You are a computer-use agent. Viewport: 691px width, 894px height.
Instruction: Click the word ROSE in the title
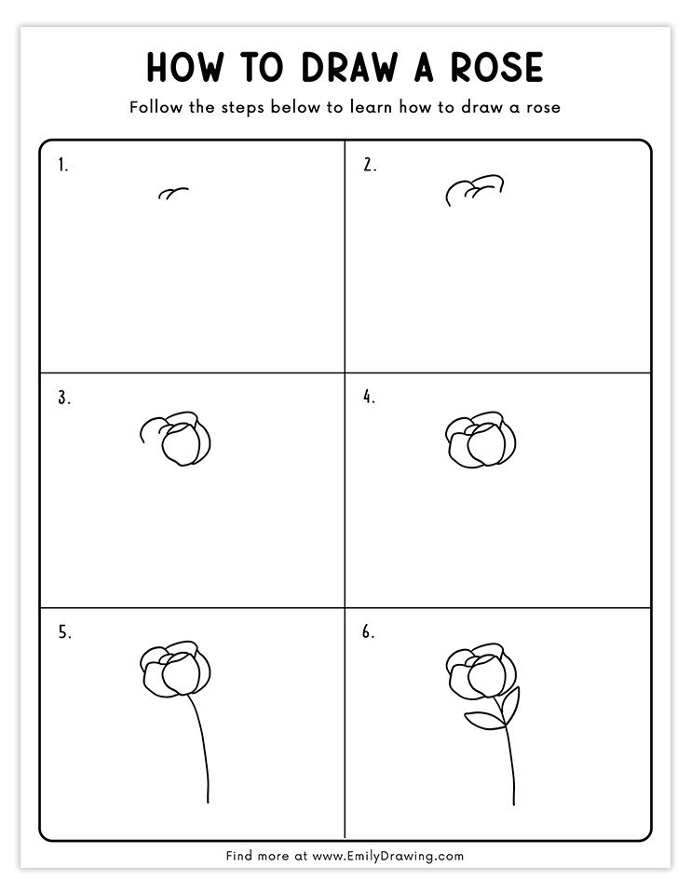[x=496, y=67]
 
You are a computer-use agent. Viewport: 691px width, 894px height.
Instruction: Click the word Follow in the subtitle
[x=156, y=106]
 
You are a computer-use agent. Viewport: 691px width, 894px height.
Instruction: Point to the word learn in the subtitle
[x=372, y=106]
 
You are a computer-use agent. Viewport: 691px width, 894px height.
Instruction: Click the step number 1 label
[x=62, y=166]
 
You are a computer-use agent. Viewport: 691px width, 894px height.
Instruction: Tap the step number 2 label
[x=370, y=165]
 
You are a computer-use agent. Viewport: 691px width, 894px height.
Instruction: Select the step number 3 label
[x=64, y=398]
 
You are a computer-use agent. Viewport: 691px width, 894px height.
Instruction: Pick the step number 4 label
[x=370, y=397]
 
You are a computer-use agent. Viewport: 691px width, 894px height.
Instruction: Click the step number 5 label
[x=64, y=632]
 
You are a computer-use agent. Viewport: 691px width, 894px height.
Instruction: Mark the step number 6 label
[x=368, y=631]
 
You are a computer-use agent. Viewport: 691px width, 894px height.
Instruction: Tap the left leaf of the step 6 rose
[x=485, y=720]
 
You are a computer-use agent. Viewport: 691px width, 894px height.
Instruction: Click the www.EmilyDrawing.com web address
[x=387, y=856]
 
